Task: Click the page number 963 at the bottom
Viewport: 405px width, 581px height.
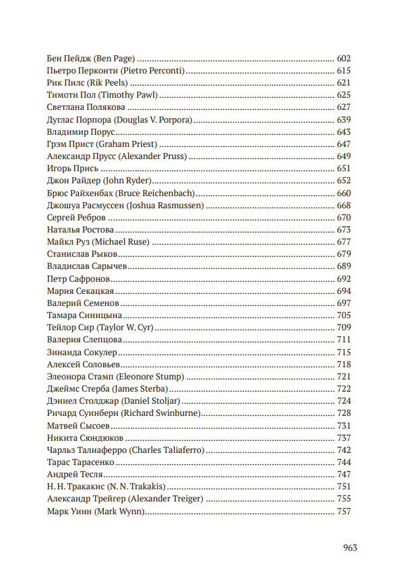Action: [350, 548]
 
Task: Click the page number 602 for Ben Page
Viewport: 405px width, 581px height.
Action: [344, 59]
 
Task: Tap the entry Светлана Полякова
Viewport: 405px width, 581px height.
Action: [86, 107]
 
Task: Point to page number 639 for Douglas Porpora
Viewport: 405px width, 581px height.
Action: [344, 119]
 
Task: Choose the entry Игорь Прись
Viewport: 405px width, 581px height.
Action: [73, 169]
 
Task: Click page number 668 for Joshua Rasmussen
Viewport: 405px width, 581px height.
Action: [344, 205]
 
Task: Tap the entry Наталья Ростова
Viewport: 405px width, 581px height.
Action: [81, 230]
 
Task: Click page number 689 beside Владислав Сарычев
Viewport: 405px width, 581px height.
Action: [344, 266]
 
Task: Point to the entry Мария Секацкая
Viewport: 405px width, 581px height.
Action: [80, 291]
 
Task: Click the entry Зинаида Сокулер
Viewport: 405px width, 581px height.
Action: [83, 352]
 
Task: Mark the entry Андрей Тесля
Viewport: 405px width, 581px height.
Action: [73, 475]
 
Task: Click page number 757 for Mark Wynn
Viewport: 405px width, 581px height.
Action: [344, 511]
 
